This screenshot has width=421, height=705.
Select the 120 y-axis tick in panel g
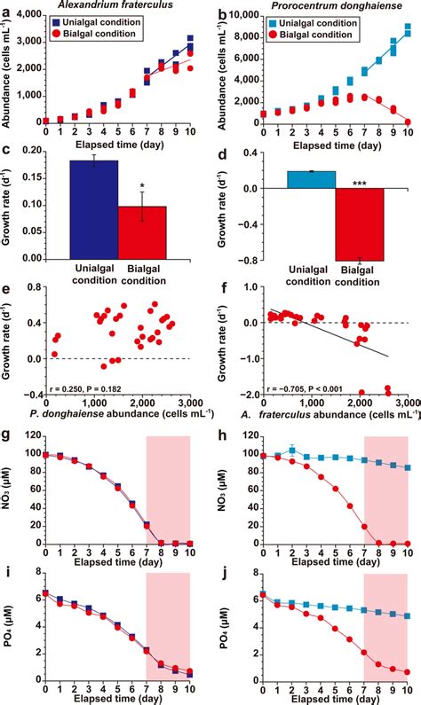tap(33, 436)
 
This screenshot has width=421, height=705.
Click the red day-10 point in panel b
tap(408, 121)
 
